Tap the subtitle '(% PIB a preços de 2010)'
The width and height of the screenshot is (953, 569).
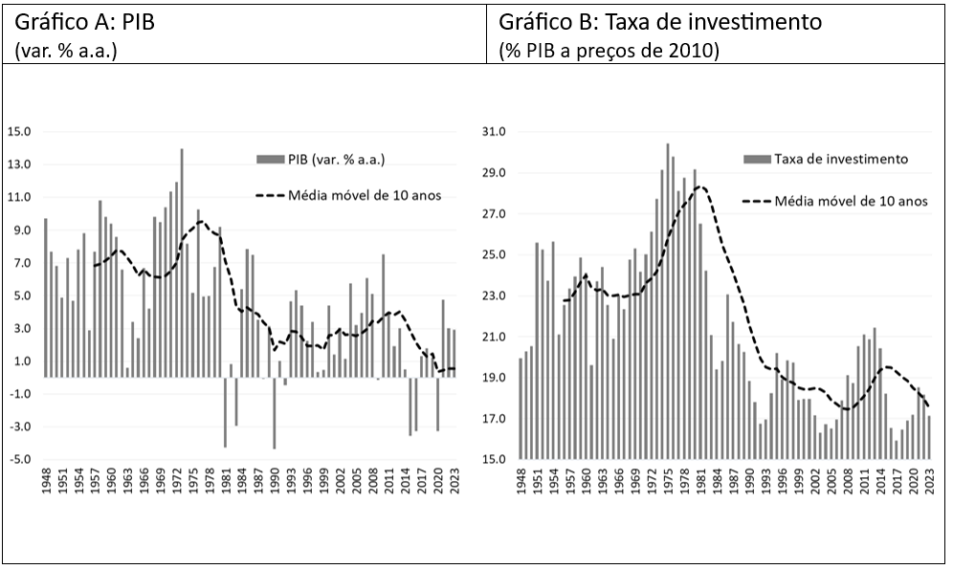[x=608, y=51]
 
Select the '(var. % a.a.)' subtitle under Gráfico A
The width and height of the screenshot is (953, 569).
[x=66, y=51]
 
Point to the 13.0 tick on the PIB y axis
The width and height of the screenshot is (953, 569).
[x=19, y=164]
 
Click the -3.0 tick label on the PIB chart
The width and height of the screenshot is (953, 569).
[x=19, y=427]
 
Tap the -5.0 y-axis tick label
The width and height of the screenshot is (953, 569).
[x=19, y=459]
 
